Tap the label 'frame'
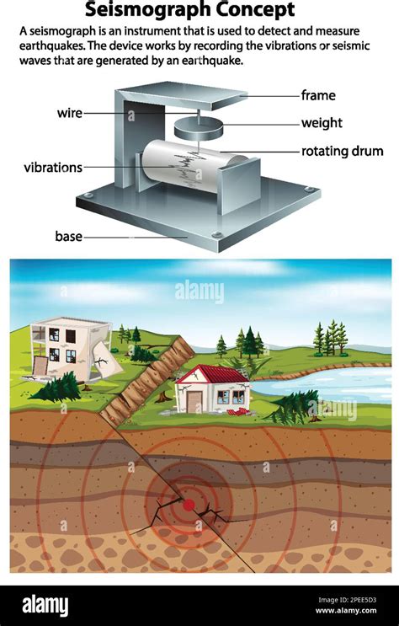coord(318,95)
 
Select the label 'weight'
coord(322,122)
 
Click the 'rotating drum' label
coord(342,151)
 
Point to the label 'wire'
coord(70,113)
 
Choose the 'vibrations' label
coord(53,168)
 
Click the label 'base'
coord(69,237)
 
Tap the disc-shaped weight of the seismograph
coord(199,129)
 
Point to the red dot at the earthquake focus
coord(189,505)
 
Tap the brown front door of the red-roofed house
coord(194,402)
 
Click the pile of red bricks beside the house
coord(238,412)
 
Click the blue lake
coord(327,384)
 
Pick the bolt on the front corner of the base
coord(216,234)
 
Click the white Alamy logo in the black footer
coord(45,606)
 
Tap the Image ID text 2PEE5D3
coord(347,600)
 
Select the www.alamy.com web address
coord(345,611)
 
